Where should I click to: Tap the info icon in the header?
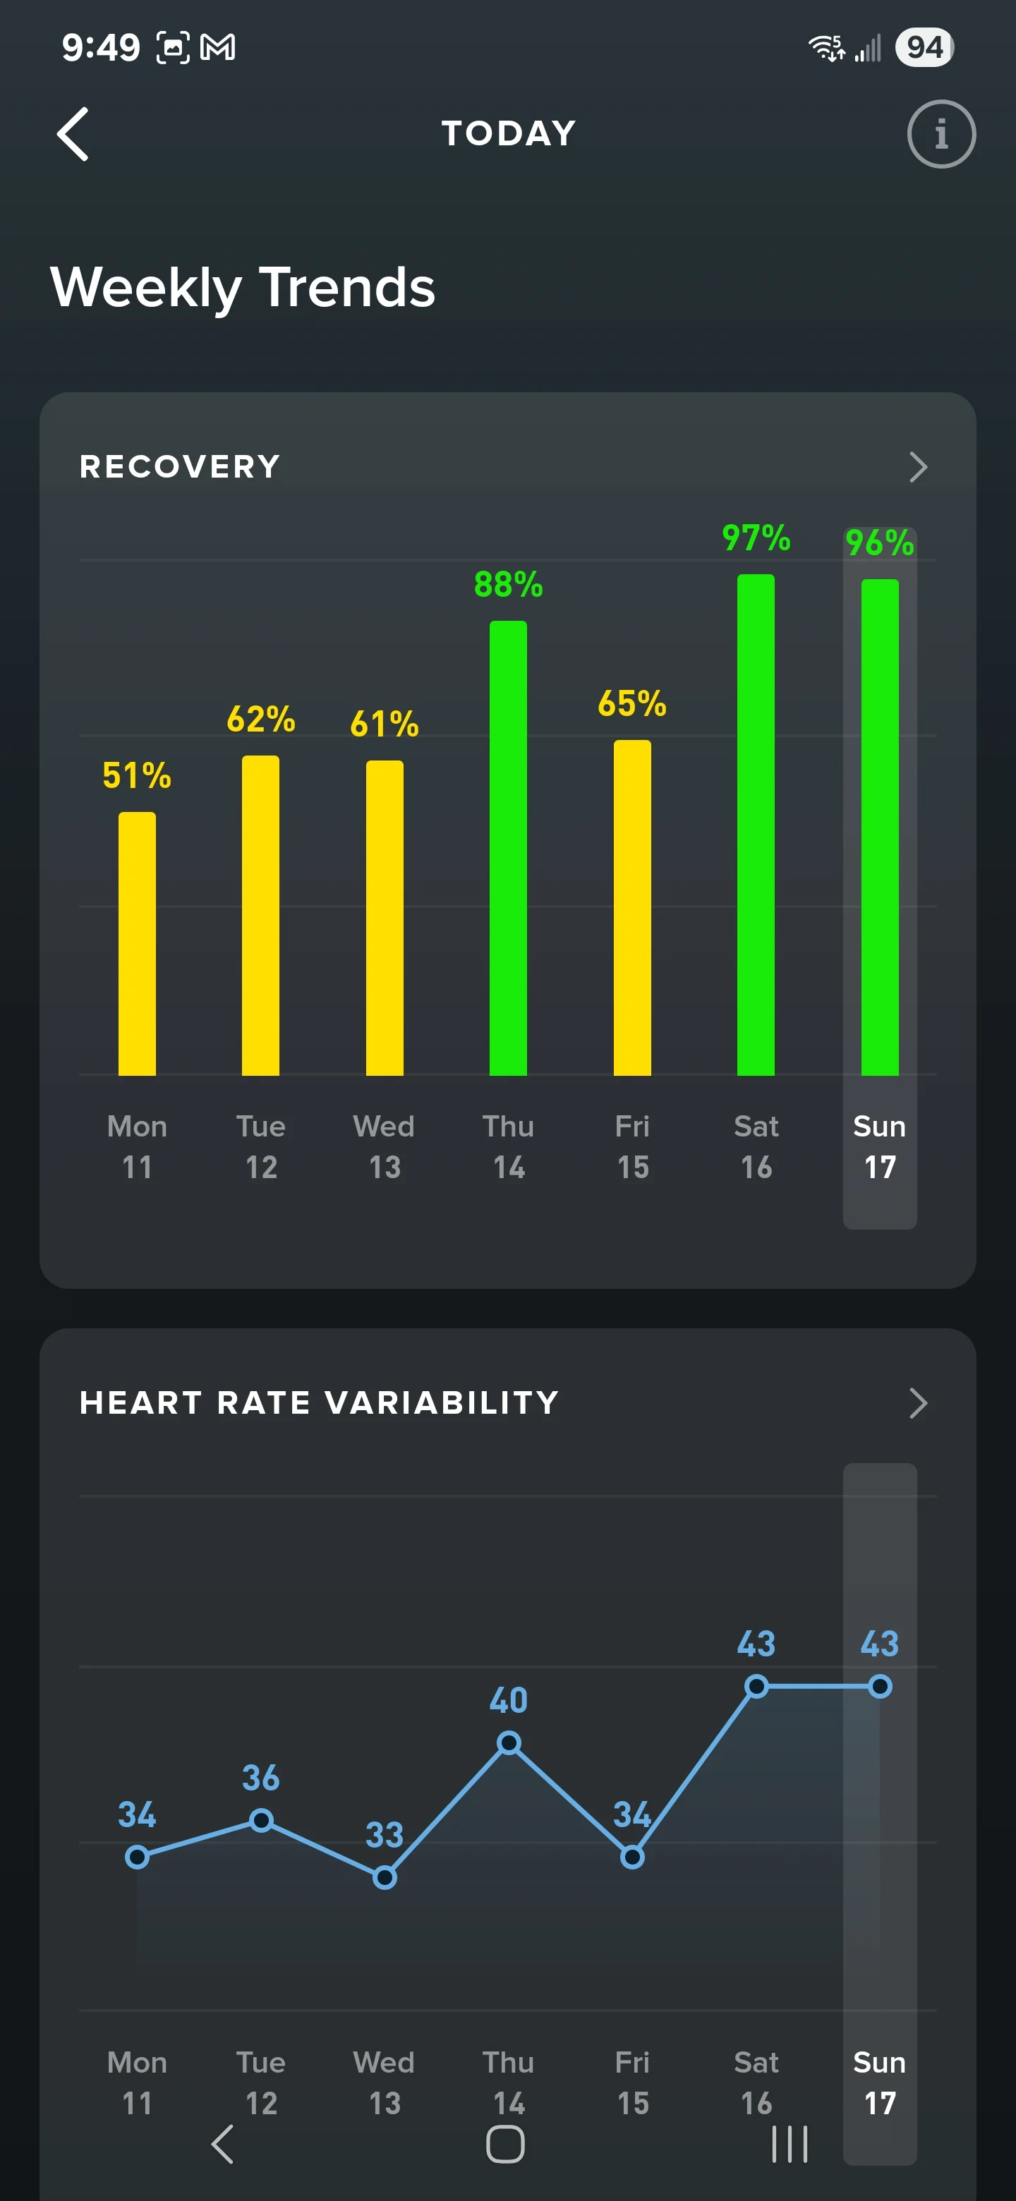pos(941,134)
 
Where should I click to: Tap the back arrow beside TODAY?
pos(73,134)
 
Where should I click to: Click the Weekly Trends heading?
pos(243,287)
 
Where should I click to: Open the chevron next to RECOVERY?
pos(918,466)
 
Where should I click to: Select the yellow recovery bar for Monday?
pos(137,943)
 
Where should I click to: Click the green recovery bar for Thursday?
pos(509,847)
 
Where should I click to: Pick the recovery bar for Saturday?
pos(756,825)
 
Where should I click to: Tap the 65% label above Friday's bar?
pos(632,704)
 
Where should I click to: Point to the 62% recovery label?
pos(260,720)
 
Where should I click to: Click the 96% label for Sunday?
pos(880,542)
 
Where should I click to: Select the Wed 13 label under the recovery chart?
pos(385,1146)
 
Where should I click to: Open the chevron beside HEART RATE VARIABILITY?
pos(918,1403)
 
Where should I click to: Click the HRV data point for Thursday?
pos(509,1742)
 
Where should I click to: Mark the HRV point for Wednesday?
pos(385,1877)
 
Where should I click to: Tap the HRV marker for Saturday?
pos(756,1686)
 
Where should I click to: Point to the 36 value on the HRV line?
pos(260,1778)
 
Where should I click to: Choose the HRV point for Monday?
pos(137,1857)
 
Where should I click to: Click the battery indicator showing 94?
pos(924,47)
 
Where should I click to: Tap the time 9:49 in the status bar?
pos(101,47)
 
